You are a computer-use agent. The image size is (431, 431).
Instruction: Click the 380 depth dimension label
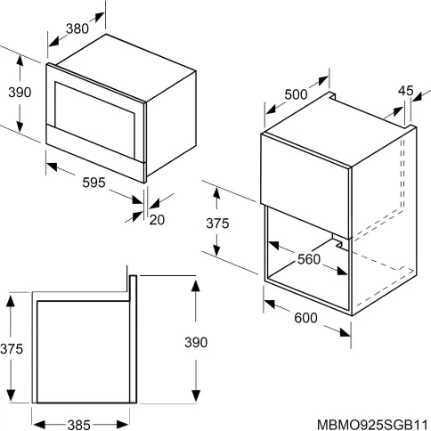pos(77,28)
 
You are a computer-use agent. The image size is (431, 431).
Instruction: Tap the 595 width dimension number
pos(94,183)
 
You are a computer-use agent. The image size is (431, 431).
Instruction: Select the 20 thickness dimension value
pos(157,220)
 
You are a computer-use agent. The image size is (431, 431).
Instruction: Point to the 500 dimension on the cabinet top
pos(296,94)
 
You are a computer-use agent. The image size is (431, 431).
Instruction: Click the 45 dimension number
pos(405,91)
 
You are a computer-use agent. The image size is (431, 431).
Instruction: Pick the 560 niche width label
pos(309,259)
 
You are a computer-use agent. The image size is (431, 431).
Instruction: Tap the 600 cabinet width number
pos(305,318)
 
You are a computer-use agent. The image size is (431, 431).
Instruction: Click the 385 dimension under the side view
pos(79,425)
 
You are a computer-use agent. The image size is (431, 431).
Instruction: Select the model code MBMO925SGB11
pos(373,425)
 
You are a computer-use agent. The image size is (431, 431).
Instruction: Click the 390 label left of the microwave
pos(20,93)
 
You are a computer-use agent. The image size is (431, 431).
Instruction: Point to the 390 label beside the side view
pos(196,342)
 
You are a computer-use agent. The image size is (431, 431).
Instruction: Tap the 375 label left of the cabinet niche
pos(217,224)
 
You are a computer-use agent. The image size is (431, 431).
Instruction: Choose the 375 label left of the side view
pos(12,349)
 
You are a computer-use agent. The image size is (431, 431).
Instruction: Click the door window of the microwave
pos(94,120)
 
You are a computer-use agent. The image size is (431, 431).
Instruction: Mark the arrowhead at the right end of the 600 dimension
pos(346,333)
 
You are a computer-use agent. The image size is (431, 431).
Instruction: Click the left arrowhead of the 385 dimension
pos(38,425)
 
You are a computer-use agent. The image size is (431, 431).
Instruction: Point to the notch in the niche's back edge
pos(337,241)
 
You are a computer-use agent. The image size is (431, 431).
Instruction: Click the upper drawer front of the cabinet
pos(305,185)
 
